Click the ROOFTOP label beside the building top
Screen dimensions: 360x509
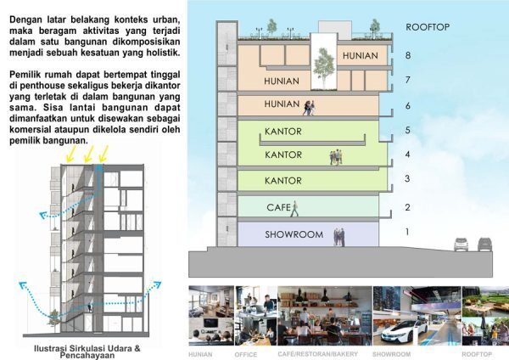click(x=427, y=27)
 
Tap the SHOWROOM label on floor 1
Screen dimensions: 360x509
click(x=288, y=234)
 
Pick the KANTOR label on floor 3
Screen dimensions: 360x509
click(x=283, y=181)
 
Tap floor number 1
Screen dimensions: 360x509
click(x=407, y=232)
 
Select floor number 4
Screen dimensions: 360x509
click(x=407, y=155)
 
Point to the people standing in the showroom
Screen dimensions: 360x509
click(x=339, y=235)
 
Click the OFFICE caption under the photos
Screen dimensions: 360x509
click(x=246, y=353)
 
